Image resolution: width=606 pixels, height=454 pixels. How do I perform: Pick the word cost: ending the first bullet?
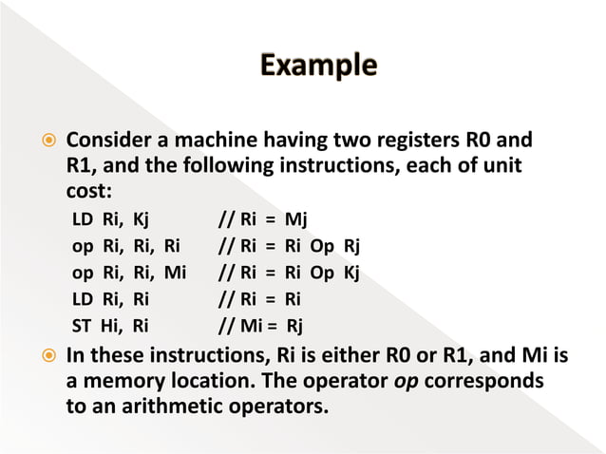point(88,189)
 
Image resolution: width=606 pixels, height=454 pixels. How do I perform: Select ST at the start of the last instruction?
point(84,329)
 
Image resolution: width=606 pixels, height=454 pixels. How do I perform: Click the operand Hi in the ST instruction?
point(111,329)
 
